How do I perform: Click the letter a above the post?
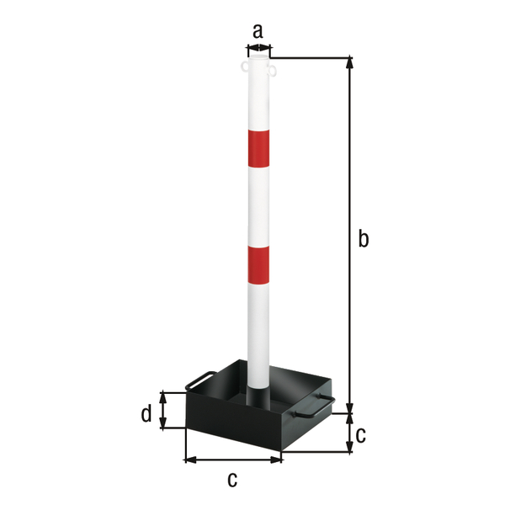pos(258,31)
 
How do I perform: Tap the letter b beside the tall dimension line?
pos(363,239)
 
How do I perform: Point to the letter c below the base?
pos(232,480)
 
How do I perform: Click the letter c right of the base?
pos(361,435)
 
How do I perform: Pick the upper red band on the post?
pos(258,146)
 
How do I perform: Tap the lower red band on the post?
pos(258,263)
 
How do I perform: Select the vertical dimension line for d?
pos(164,410)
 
